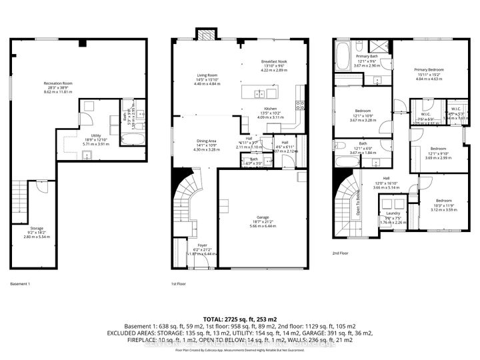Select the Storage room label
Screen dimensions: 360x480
[x=36, y=228]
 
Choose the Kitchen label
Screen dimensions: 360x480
[x=270, y=109]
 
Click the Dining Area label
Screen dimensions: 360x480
[x=206, y=141]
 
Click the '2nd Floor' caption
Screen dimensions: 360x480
[x=341, y=253]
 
